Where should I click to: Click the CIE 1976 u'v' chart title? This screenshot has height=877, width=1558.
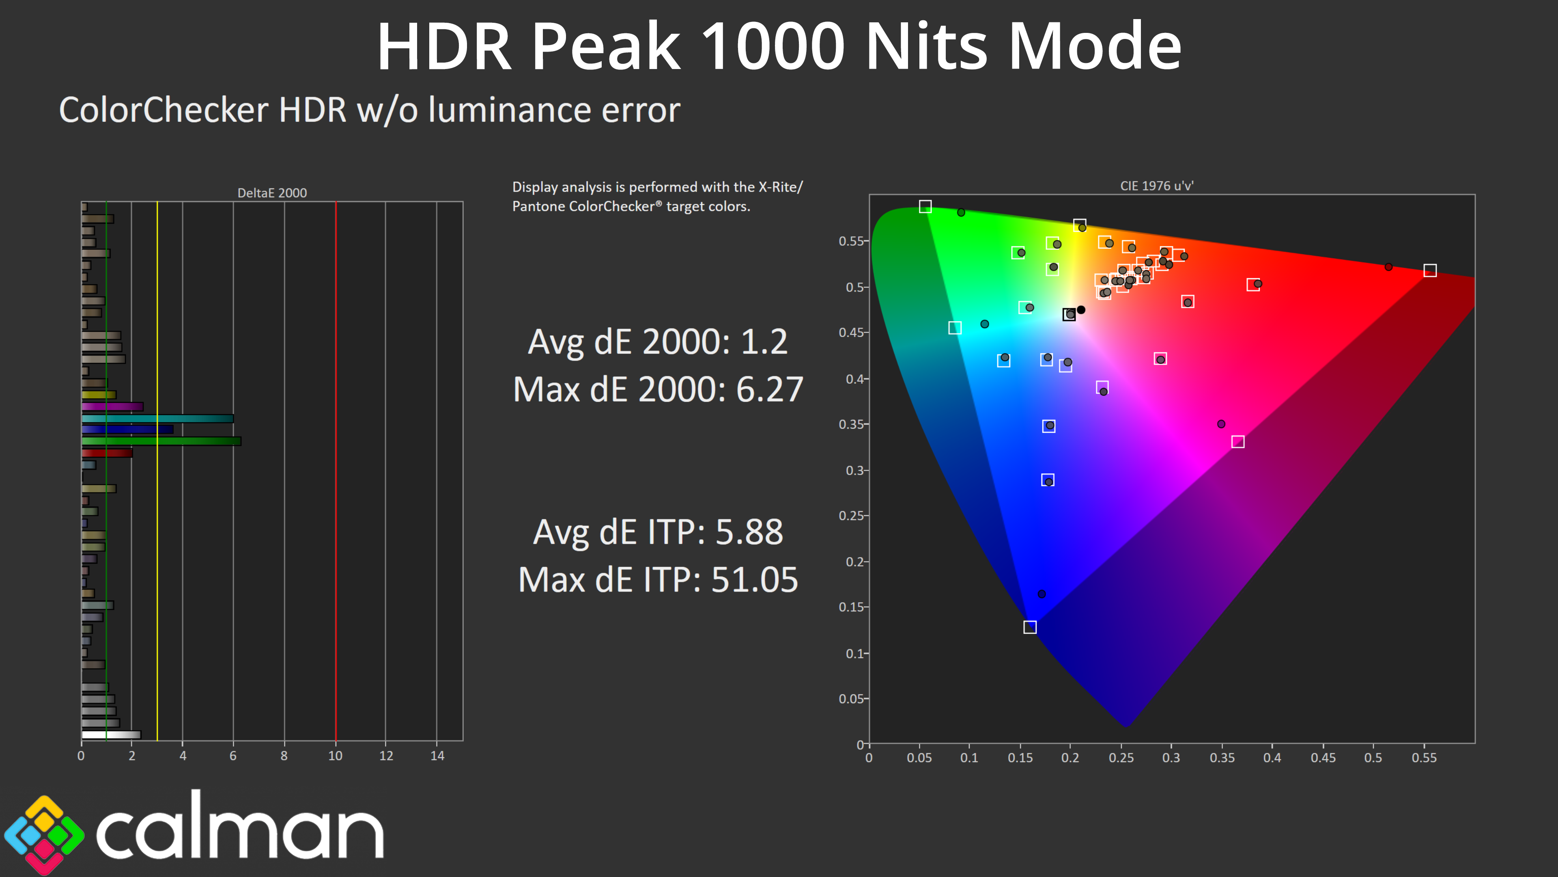click(x=1156, y=186)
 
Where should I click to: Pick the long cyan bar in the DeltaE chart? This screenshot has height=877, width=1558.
click(x=157, y=418)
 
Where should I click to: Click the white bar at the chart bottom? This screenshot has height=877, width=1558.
click(x=111, y=735)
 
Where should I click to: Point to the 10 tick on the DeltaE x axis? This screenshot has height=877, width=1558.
click(x=335, y=756)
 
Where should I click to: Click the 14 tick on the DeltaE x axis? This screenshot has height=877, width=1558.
click(x=437, y=756)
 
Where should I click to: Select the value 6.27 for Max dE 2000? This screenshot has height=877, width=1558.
click(x=769, y=389)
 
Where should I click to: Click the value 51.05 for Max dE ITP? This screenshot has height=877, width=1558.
click(x=754, y=580)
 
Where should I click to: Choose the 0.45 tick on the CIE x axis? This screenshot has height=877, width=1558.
click(x=1323, y=758)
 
